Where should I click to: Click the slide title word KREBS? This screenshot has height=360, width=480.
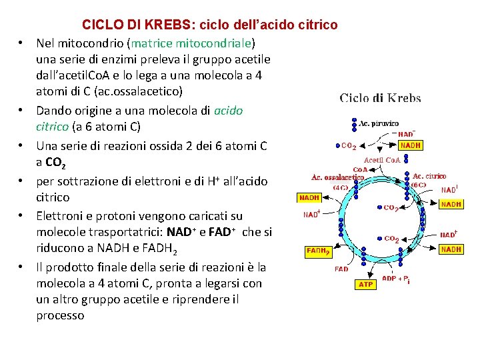tap(167, 25)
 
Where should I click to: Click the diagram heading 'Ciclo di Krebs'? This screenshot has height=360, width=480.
tap(380, 99)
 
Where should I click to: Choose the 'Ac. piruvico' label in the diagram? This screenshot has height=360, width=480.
tap(379, 123)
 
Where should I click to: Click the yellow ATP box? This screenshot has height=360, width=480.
tap(366, 284)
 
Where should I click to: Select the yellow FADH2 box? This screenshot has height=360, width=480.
tap(318, 252)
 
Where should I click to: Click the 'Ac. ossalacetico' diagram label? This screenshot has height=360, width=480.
tap(338, 177)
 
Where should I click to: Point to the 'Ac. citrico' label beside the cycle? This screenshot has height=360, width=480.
tap(429, 176)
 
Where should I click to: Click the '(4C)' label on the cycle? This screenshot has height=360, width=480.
tap(341, 187)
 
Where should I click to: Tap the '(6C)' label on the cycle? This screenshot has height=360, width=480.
tap(419, 185)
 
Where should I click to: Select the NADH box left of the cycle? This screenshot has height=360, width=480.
tap(309, 198)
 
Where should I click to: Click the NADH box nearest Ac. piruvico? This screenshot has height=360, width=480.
tap(410, 145)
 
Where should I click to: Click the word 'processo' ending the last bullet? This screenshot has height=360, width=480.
tap(60, 315)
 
